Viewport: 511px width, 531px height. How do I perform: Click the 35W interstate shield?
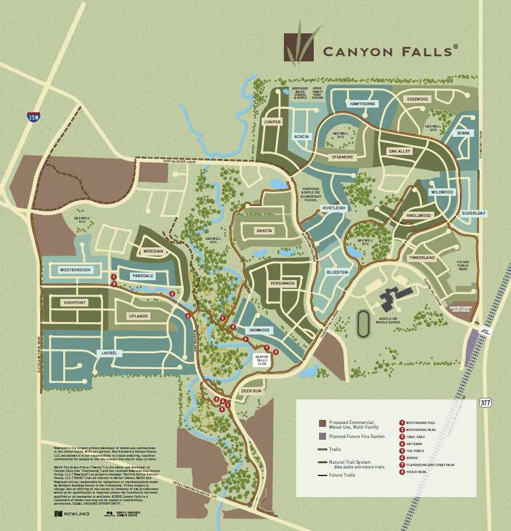[x=34, y=117]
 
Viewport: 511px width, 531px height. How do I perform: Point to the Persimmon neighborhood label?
[x=283, y=284]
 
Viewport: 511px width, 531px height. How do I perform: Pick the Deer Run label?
[x=251, y=391]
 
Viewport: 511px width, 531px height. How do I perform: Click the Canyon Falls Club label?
[x=261, y=360]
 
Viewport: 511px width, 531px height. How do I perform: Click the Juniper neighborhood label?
[x=273, y=122]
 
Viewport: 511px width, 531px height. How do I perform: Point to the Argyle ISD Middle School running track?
[x=364, y=323]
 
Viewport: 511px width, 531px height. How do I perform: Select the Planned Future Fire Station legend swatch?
[x=322, y=436]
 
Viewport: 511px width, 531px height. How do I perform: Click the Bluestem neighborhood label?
[x=337, y=272]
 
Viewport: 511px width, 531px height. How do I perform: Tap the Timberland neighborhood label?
[x=421, y=257]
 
